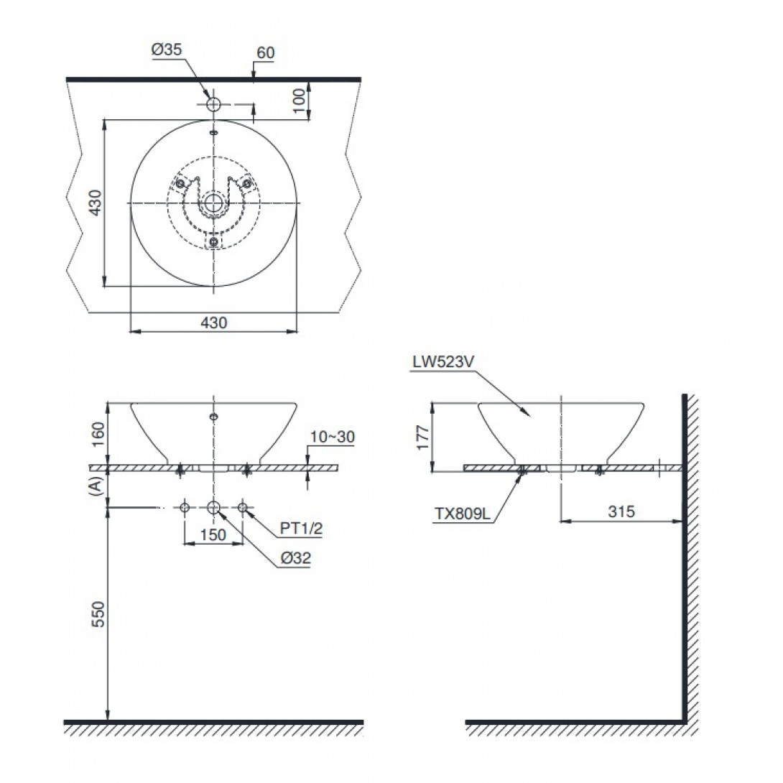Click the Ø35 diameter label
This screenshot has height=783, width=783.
coord(167,50)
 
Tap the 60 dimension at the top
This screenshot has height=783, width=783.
coord(266,52)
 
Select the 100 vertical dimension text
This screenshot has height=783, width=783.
coord(298,101)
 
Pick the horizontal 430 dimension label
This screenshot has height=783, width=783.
coord(214,323)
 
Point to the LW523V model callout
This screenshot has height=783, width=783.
coord(443,362)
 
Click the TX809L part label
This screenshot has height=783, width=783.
coord(463,514)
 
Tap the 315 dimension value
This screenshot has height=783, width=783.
coord(621,511)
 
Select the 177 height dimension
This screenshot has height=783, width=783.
coord(422,437)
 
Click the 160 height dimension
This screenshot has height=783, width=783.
coord(98,435)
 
